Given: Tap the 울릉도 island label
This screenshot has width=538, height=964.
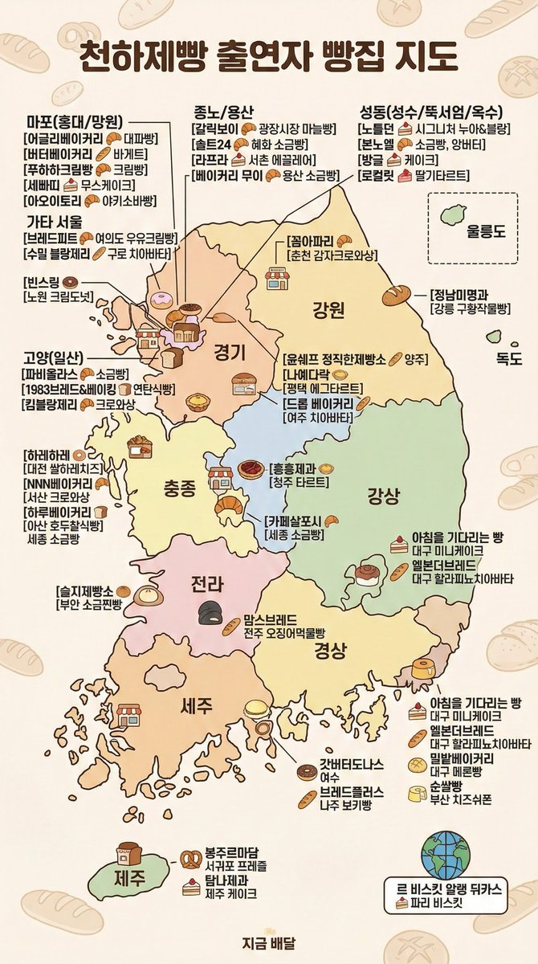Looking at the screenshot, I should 478,234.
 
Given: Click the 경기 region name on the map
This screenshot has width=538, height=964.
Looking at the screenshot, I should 229,351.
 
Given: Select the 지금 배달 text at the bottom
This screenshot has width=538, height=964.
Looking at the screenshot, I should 269,945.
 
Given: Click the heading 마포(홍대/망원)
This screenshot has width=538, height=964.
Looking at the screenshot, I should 74,122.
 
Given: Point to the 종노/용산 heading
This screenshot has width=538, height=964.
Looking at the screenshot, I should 223,111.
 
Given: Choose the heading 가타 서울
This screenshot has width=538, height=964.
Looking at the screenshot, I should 54,221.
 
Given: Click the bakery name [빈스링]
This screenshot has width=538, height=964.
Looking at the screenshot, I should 41,282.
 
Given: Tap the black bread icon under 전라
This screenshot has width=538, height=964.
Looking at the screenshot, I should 211,613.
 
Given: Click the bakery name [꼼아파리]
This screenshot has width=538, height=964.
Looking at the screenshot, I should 311,241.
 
